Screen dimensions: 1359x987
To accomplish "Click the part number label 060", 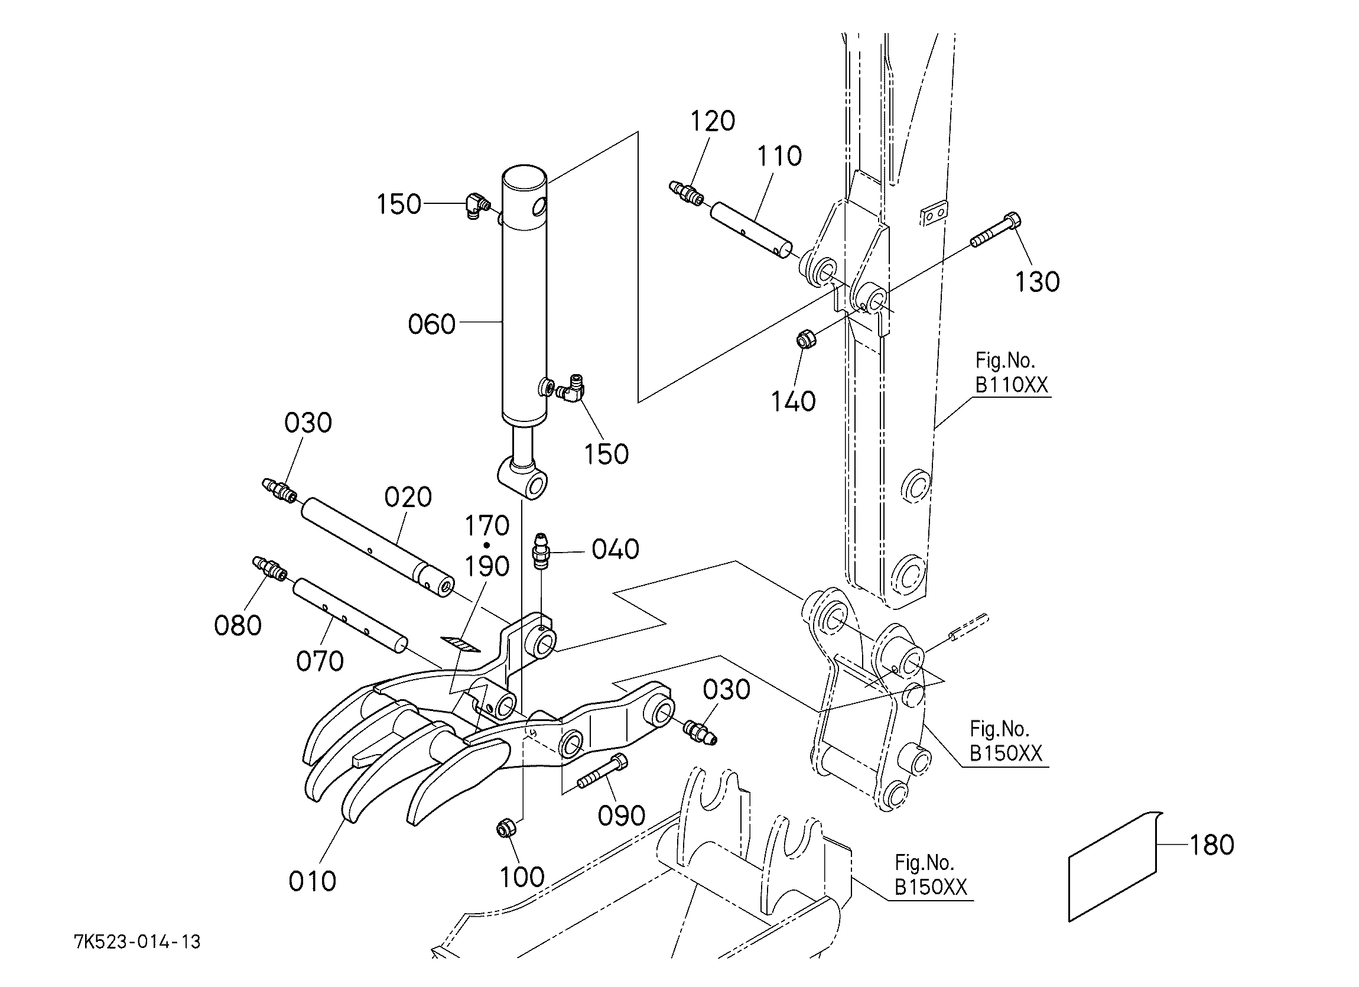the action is click(x=431, y=324).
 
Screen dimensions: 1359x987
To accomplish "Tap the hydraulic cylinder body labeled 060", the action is click(x=524, y=294).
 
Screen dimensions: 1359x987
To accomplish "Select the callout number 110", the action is click(x=779, y=156).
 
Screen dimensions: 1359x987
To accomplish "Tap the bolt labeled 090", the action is click(x=603, y=772).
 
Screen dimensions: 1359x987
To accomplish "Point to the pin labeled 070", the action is click(x=350, y=616).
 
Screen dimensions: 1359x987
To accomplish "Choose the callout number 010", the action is click(x=312, y=882).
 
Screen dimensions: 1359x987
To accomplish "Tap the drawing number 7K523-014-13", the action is click(x=137, y=942).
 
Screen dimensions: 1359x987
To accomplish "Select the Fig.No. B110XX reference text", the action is click(x=1012, y=373).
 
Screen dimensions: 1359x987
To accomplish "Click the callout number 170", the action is click(x=487, y=525).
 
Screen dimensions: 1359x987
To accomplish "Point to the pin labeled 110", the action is click(x=752, y=231).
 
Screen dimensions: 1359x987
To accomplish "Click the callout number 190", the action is click(x=487, y=566).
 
